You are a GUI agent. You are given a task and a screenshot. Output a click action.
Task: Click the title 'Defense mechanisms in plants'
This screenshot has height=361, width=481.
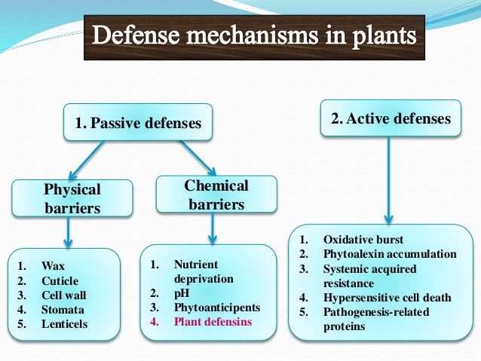[254, 35]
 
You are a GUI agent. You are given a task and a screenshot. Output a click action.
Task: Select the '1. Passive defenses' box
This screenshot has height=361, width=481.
[137, 123]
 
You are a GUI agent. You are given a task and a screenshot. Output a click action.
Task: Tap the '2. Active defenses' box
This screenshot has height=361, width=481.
[391, 118]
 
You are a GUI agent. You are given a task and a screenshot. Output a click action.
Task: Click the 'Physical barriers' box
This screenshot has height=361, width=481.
[72, 198]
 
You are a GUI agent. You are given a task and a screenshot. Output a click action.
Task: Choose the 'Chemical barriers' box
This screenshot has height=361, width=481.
[216, 194]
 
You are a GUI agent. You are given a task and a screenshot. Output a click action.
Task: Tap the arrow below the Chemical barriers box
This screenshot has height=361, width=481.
[212, 228]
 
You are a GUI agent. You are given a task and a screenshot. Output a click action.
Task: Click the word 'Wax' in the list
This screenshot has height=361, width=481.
[54, 266]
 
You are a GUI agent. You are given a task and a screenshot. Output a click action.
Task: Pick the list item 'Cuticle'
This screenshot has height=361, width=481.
[59, 280]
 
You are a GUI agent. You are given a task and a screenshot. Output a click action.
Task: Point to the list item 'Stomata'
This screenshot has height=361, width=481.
[63, 310]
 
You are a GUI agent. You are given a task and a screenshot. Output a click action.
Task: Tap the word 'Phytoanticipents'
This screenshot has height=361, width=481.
[216, 307]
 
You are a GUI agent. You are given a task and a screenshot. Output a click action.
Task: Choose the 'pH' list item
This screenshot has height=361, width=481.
[182, 293]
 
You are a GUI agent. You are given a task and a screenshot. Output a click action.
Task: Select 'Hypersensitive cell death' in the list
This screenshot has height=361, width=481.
[387, 298]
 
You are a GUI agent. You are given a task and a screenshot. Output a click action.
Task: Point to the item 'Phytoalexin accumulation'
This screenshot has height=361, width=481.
[389, 254]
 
